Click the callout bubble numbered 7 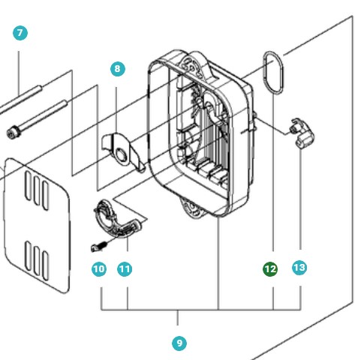[x=20, y=33]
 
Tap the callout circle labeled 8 [x=116, y=69]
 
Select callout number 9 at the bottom [x=179, y=343]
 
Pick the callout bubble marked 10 [x=99, y=268]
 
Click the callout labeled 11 [x=125, y=268]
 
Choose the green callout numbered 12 [x=270, y=268]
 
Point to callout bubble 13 [x=299, y=268]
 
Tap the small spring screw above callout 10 [x=98, y=245]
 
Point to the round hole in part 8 [x=120, y=156]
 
